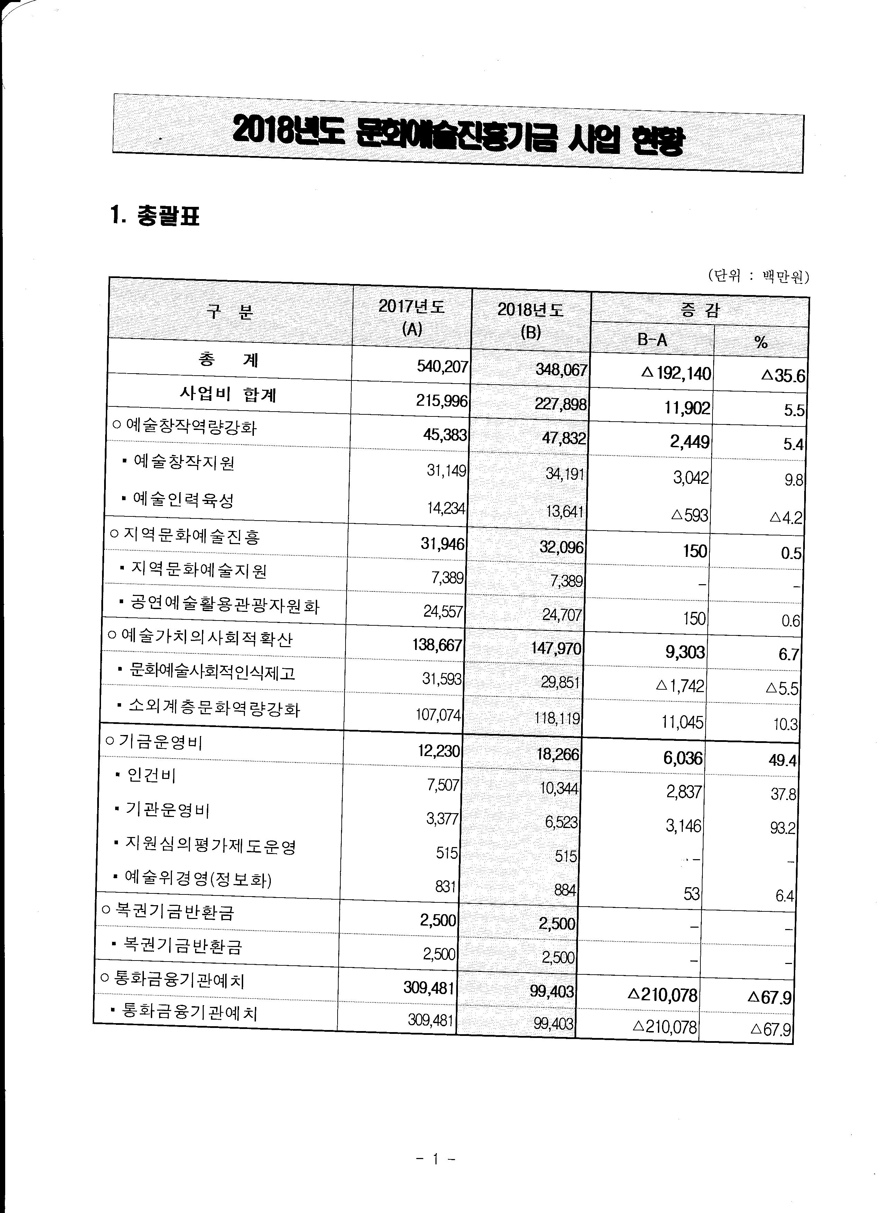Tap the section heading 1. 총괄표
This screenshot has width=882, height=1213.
(x=155, y=217)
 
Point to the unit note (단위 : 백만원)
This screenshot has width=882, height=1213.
(x=758, y=276)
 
